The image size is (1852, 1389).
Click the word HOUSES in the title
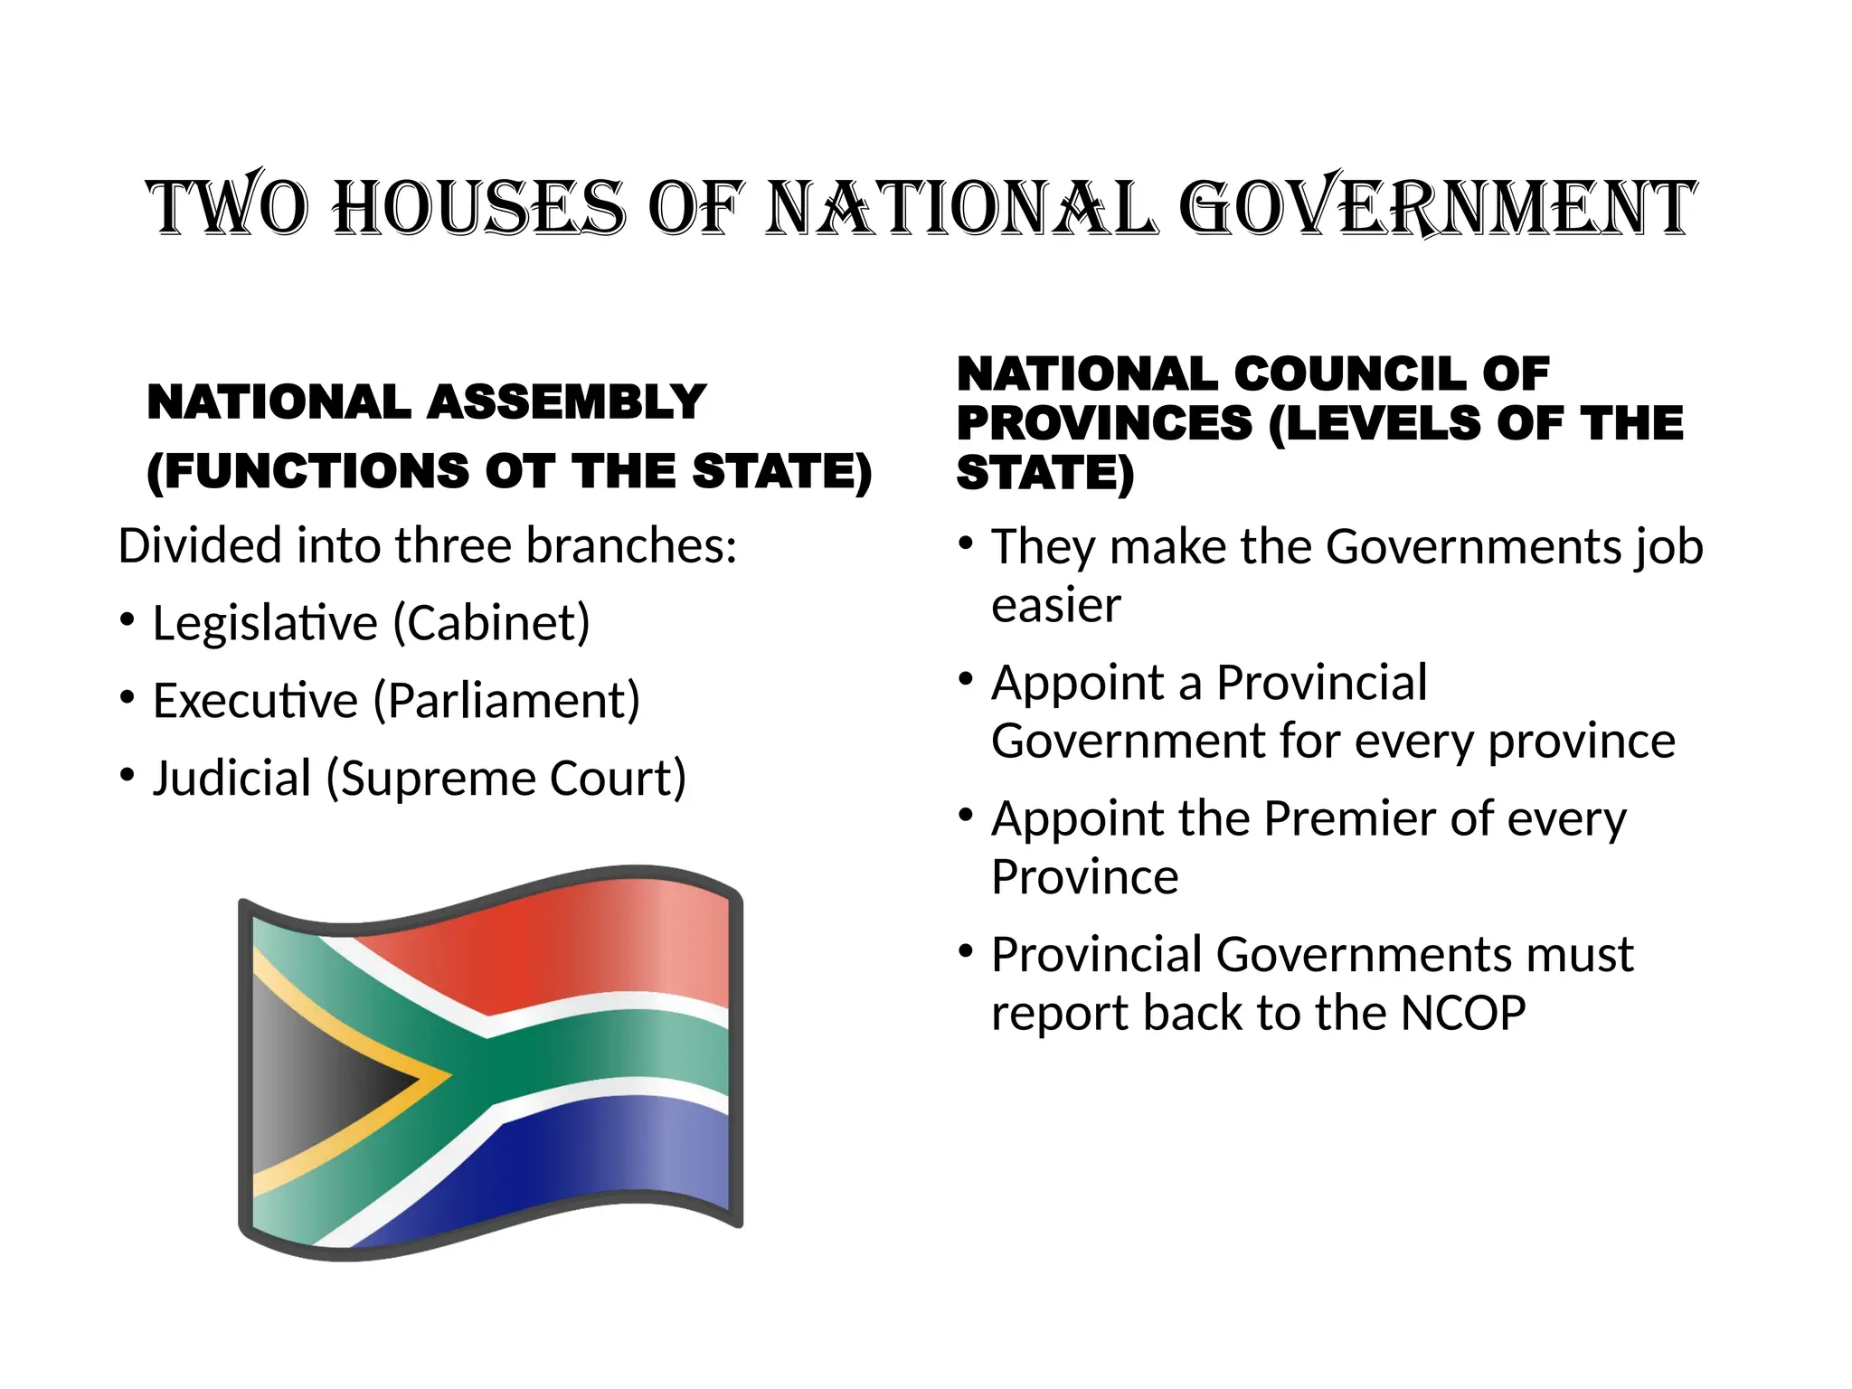pyautogui.click(x=478, y=208)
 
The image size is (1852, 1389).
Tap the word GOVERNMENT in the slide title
pyautogui.click(x=1438, y=208)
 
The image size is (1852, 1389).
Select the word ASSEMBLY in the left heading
pyautogui.click(x=567, y=402)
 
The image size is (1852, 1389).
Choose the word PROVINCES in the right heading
pyautogui.click(x=1105, y=423)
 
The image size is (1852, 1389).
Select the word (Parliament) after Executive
pyautogui.click(x=506, y=701)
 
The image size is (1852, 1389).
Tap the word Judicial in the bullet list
pyautogui.click(x=232, y=779)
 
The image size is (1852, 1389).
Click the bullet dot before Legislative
pyautogui.click(x=128, y=620)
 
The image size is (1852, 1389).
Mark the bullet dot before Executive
pyautogui.click(x=128, y=698)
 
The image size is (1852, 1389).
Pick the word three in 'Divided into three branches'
pyautogui.click(x=455, y=546)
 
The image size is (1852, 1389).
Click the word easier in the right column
pyautogui.click(x=1056, y=605)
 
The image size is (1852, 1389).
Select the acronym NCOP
pyautogui.click(x=1462, y=1013)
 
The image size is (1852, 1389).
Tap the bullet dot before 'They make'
pyautogui.click(x=967, y=544)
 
